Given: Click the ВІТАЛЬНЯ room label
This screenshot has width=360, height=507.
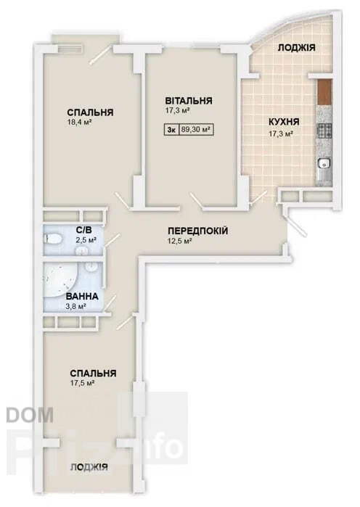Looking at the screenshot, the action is coord(189,101).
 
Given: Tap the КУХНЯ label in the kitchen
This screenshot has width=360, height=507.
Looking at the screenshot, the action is coord(284,123).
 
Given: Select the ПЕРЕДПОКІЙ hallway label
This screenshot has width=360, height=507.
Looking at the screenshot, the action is coord(198,231).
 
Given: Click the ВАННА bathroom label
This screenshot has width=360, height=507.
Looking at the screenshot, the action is coord(82,297).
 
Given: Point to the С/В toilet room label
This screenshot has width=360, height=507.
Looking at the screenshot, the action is coord(83,230).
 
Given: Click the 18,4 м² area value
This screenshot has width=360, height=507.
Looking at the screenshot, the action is coord(78,123).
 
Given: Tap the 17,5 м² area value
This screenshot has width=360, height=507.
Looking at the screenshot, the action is coord(82,383).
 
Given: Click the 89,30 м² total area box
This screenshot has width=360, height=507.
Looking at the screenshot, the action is coord(196,130).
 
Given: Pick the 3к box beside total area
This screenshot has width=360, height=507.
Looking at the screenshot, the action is coord(171,130).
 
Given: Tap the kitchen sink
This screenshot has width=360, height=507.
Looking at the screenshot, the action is coord(324,164).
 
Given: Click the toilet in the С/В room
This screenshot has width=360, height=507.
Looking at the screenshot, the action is coord(54,239).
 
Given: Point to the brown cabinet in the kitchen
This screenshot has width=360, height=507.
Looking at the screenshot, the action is coord(324,92).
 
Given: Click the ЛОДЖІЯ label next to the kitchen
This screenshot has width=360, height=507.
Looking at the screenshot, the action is coord(297,48).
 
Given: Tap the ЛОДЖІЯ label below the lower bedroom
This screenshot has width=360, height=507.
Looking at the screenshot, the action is coord(89,467).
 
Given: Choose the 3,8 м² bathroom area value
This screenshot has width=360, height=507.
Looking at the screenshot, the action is coord(75,306).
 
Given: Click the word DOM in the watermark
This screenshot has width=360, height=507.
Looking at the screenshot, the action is coord(30,415).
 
